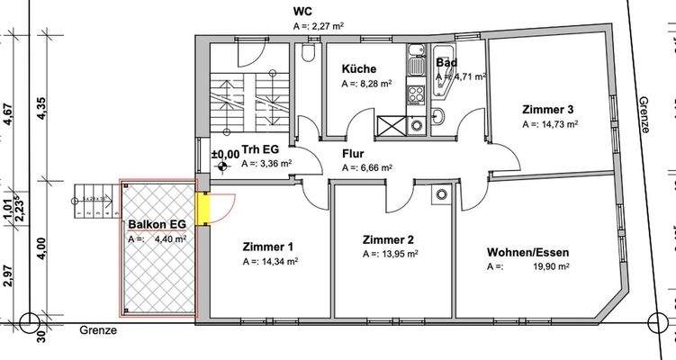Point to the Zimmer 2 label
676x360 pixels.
388,240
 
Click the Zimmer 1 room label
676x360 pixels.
267,246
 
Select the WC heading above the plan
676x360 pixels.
303,12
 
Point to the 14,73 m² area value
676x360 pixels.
558,124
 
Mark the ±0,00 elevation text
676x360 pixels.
225,155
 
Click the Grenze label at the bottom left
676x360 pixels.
97,329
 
